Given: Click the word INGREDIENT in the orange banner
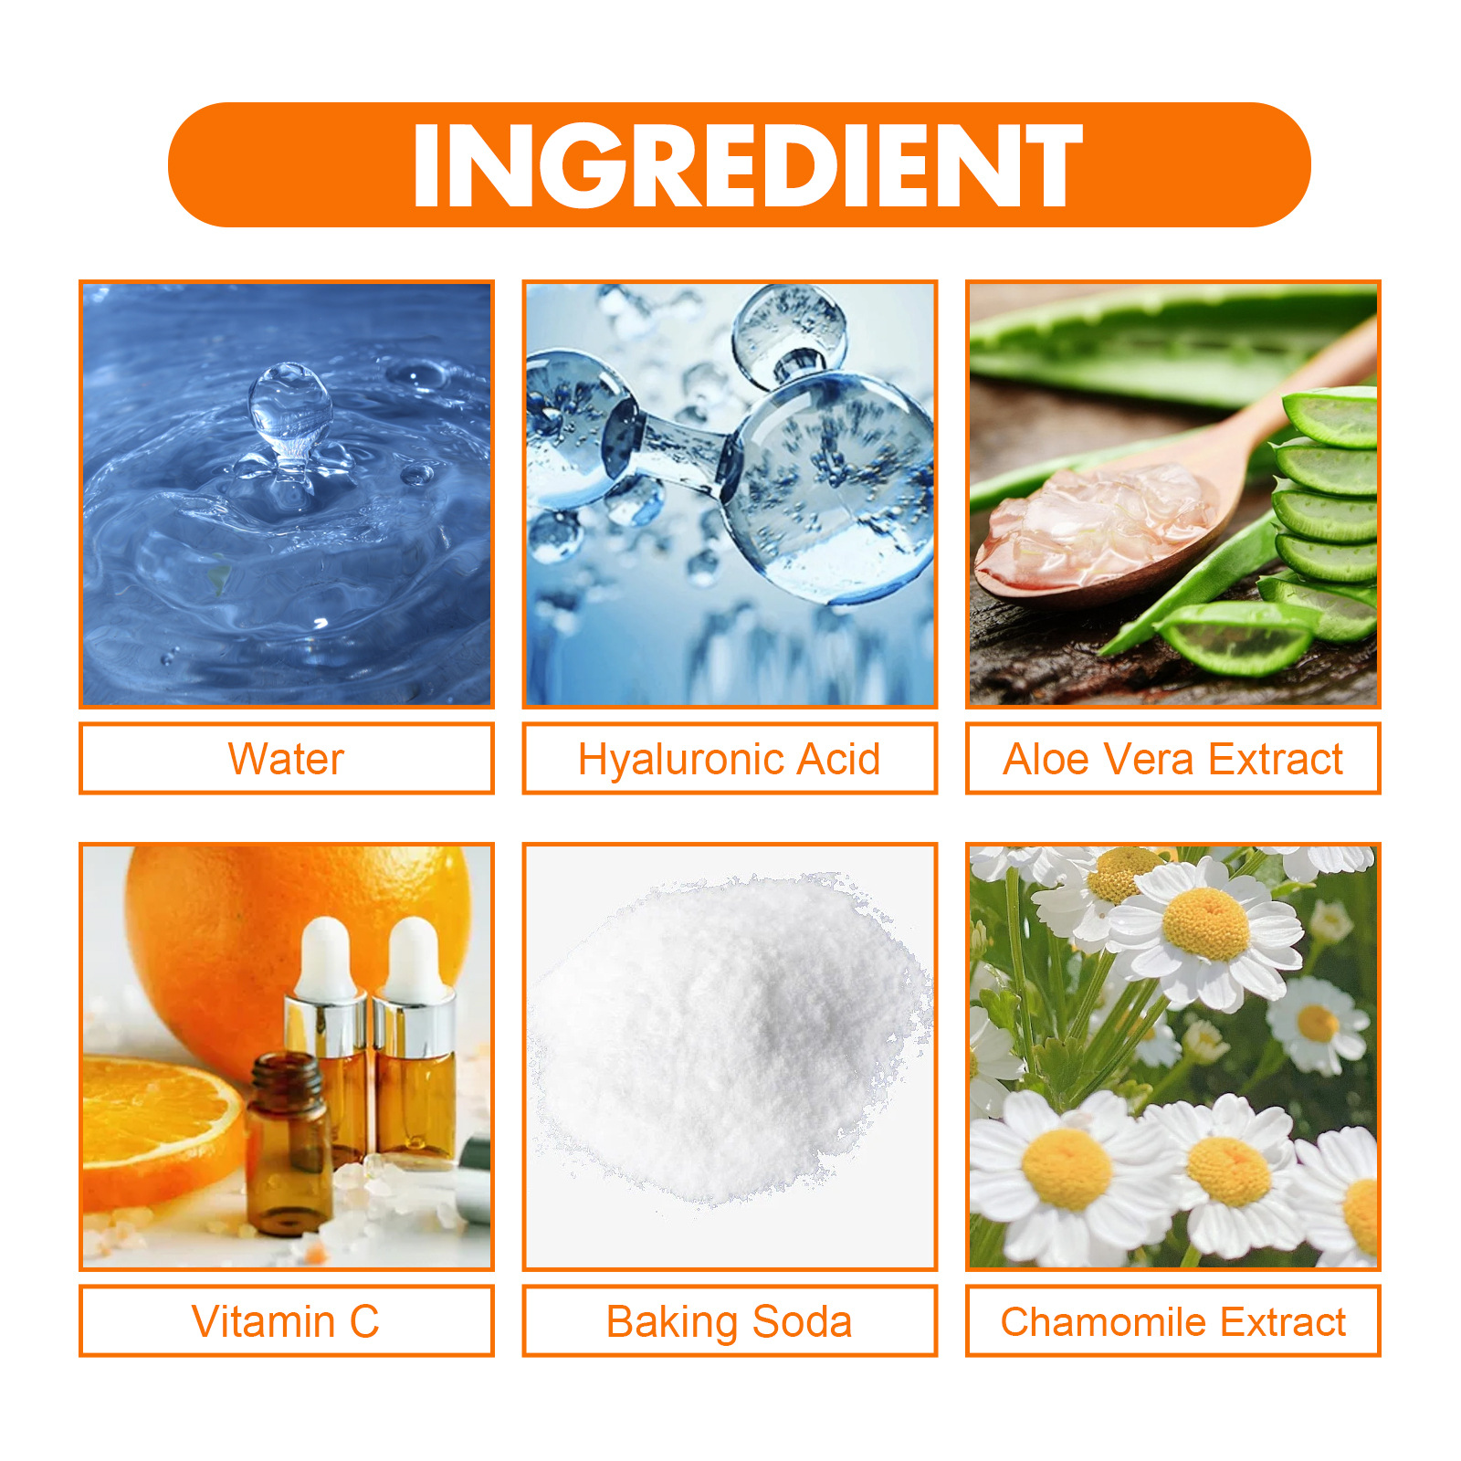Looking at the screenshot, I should (747, 165).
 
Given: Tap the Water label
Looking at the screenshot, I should (286, 760).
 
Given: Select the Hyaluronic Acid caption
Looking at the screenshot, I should (729, 760).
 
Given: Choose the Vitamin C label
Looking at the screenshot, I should (286, 1321).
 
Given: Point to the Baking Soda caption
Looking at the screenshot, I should (729, 1321).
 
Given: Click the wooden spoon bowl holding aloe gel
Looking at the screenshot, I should (1096, 530).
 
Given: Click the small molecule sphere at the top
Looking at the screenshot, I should (790, 329).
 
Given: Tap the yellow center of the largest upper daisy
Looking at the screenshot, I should (1206, 924).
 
